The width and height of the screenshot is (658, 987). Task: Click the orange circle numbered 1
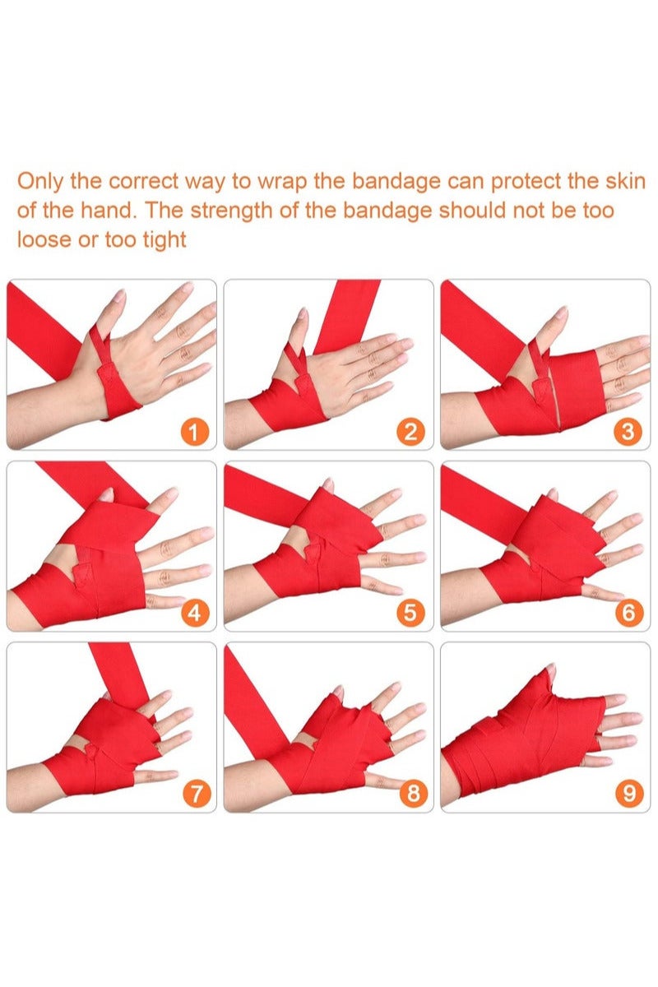click(194, 431)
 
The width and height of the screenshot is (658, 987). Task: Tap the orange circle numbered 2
click(410, 431)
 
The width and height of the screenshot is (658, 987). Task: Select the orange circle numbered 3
click(628, 431)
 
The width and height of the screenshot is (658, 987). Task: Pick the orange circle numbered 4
click(194, 612)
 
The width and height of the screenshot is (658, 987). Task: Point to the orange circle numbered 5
click(410, 612)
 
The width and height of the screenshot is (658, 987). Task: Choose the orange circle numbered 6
click(628, 612)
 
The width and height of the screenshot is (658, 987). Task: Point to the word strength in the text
click(224, 211)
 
